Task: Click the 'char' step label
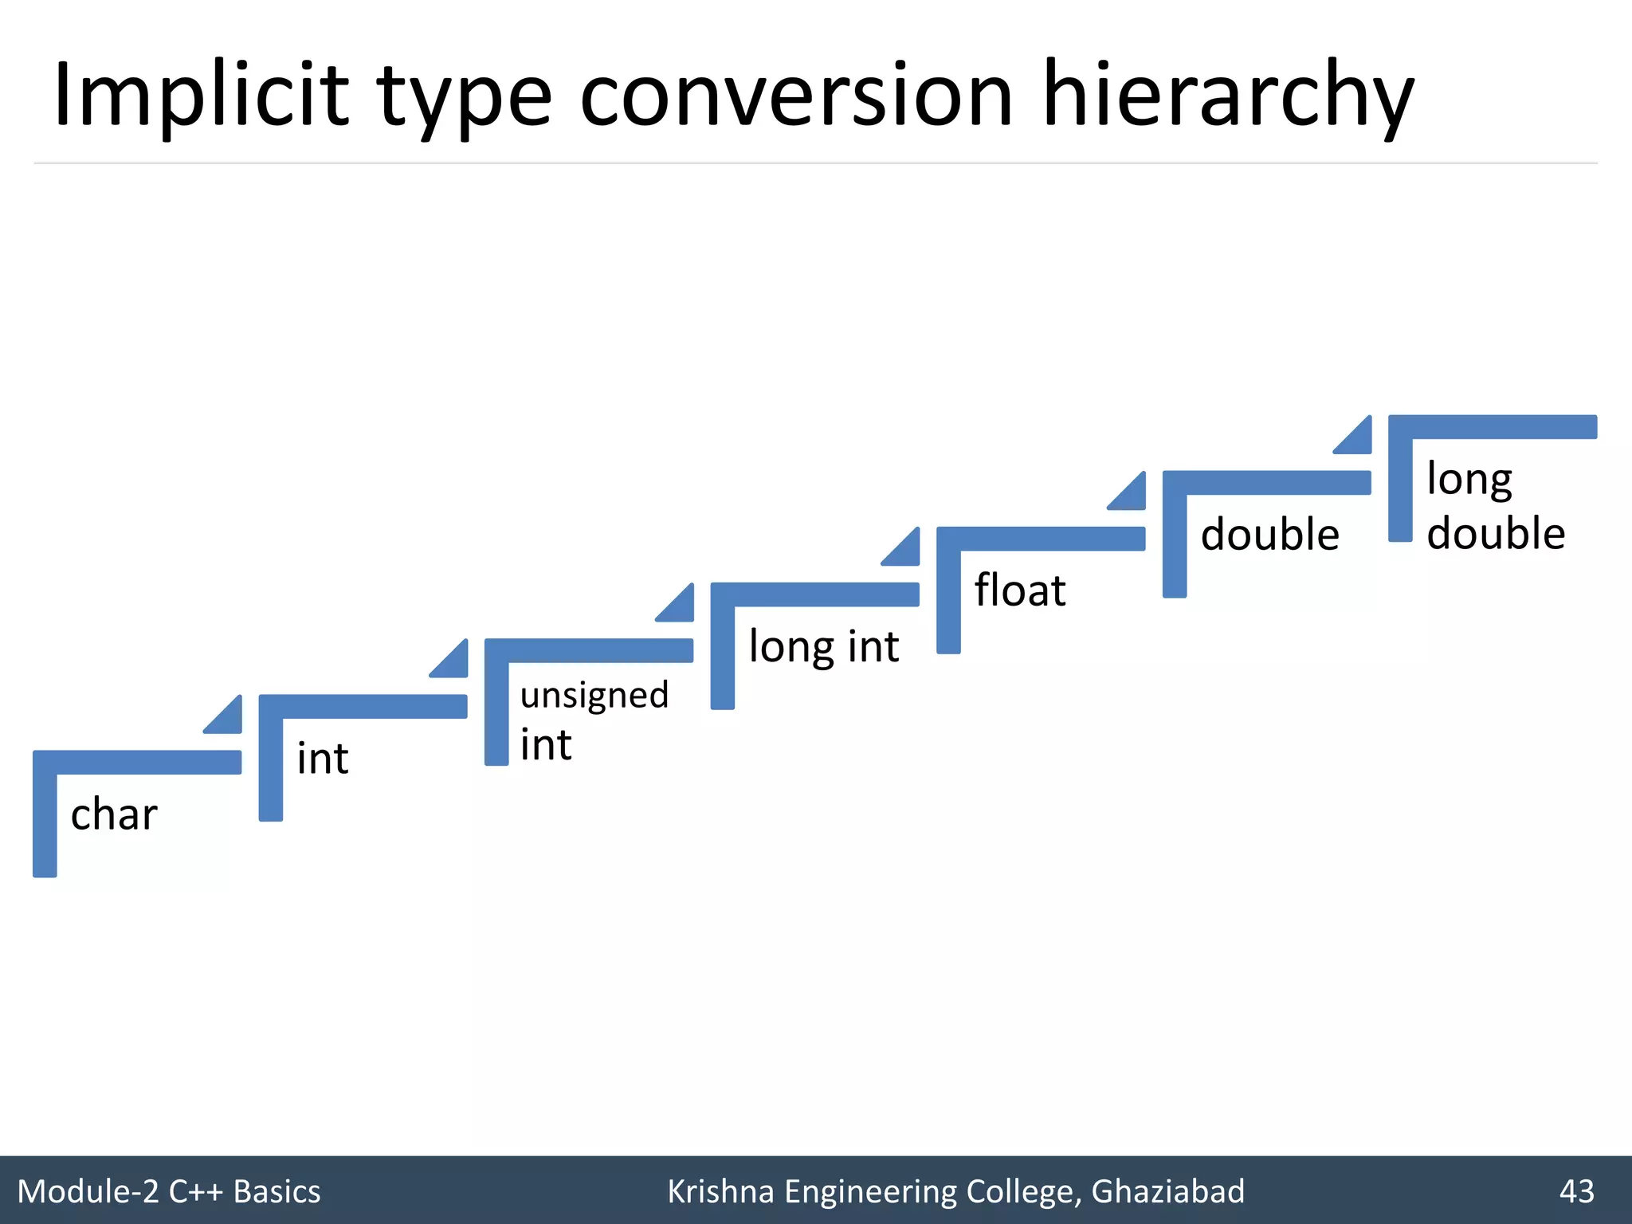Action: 114,814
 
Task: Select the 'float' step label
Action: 1020,590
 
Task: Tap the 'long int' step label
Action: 823,646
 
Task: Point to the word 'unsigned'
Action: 594,696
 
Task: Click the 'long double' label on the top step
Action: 1496,506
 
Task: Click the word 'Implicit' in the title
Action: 201,96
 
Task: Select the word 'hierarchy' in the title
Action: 1228,96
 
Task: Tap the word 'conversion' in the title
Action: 796,96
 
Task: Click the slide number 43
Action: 1576,1191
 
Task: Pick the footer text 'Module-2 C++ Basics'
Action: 169,1191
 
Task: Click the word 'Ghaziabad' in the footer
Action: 1167,1191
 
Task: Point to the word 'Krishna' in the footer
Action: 720,1191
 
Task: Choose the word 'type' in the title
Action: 465,96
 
